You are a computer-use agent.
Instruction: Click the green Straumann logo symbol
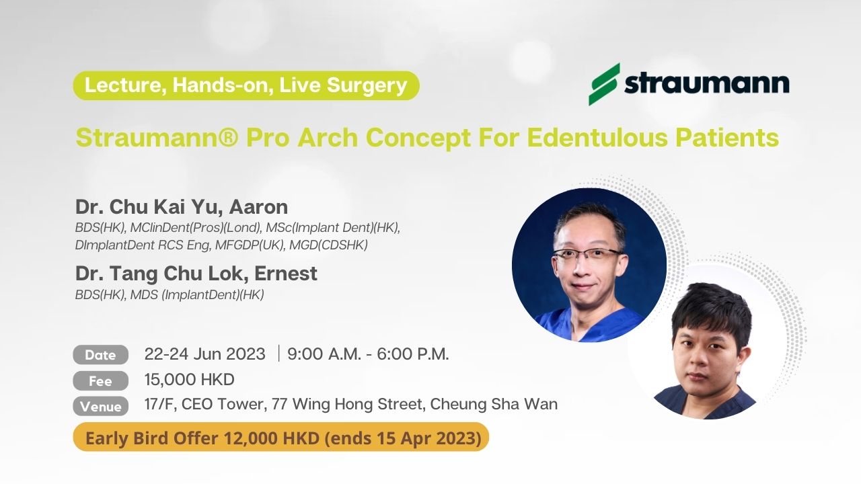point(604,84)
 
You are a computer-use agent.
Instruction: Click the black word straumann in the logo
point(706,83)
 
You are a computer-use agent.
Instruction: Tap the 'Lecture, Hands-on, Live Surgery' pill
point(246,85)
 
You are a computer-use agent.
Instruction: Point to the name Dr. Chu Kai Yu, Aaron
point(182,206)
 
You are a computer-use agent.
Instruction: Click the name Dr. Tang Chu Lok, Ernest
point(196,274)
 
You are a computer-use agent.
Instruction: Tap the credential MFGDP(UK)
point(249,245)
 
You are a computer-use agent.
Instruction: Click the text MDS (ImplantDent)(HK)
point(197,295)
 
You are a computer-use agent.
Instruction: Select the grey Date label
point(100,354)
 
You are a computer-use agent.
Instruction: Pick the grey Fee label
point(100,380)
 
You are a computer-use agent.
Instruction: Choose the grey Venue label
point(100,407)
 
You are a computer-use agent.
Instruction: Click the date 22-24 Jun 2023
point(205,354)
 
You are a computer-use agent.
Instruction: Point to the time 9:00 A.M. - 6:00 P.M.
point(368,354)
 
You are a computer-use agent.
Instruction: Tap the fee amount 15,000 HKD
point(190,380)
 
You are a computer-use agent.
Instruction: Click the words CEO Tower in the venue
point(223,404)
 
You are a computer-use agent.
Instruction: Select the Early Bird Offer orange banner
point(281,437)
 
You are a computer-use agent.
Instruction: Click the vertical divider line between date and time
point(278,354)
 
